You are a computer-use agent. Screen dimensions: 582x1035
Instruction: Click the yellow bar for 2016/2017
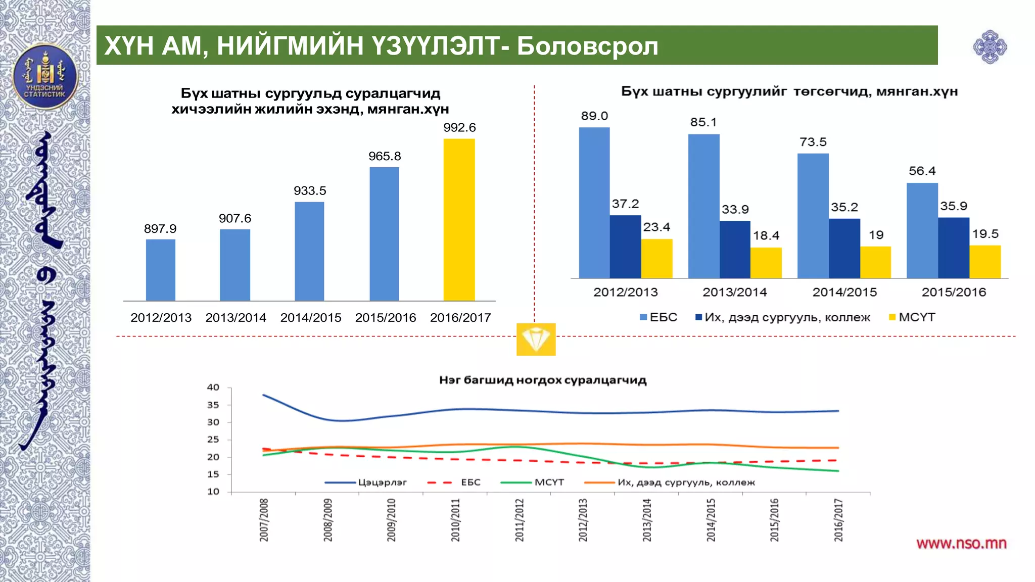point(459,220)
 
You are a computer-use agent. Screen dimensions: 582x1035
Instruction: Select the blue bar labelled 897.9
point(161,270)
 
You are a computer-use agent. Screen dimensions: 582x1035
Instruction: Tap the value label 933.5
point(310,191)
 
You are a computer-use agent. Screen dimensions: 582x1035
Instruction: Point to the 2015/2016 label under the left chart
point(386,318)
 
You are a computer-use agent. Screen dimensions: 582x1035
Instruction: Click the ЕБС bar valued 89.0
point(594,202)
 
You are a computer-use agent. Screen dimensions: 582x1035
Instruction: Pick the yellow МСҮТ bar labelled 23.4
point(657,258)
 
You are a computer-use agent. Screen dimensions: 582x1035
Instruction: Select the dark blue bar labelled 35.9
point(954,248)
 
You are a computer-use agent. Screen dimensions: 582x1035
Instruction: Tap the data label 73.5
point(813,142)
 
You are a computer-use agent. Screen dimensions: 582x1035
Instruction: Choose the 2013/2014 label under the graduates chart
point(735,292)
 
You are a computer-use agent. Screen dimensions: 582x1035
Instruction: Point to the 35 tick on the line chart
point(213,405)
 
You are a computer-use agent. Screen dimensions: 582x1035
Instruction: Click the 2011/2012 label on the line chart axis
point(520,520)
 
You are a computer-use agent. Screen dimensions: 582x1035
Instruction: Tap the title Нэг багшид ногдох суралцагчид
point(543,380)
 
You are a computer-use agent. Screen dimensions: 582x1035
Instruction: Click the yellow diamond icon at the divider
point(536,339)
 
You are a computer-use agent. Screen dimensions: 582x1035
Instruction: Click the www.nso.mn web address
point(961,544)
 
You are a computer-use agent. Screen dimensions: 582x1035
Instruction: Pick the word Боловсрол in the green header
point(587,46)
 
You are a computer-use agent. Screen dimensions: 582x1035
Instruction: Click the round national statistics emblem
point(45,77)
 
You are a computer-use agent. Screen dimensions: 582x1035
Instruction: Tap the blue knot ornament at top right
point(990,47)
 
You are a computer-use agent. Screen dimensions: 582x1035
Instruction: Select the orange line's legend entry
point(685,482)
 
